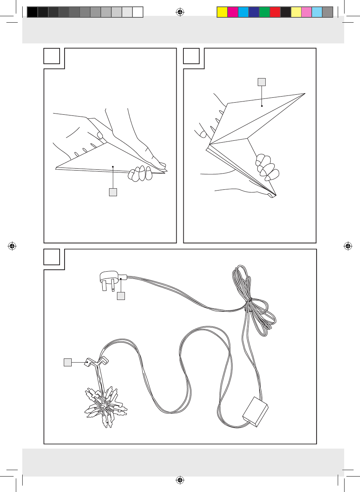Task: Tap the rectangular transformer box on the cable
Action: pyautogui.click(x=255, y=412)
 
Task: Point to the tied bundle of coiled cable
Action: pyautogui.click(x=253, y=306)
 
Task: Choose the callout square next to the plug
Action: pyautogui.click(x=121, y=296)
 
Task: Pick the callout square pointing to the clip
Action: pyautogui.click(x=68, y=363)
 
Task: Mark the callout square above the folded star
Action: pyautogui.click(x=262, y=82)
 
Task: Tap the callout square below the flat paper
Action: pyautogui.click(x=113, y=192)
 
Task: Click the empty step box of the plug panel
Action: pyautogui.click(x=52, y=257)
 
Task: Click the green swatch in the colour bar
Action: pyautogui.click(x=265, y=12)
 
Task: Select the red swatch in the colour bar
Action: pyautogui.click(x=275, y=12)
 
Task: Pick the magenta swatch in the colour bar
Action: pyautogui.click(x=233, y=12)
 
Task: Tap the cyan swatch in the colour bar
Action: pyautogui.click(x=243, y=12)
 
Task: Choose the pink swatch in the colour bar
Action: pyautogui.click(x=306, y=12)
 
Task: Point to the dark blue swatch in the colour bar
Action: pyautogui.click(x=254, y=12)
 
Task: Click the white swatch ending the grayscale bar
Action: pyautogui.click(x=138, y=12)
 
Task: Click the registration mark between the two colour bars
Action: pyautogui.click(x=180, y=12)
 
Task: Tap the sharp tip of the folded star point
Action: pyautogui.click(x=304, y=94)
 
